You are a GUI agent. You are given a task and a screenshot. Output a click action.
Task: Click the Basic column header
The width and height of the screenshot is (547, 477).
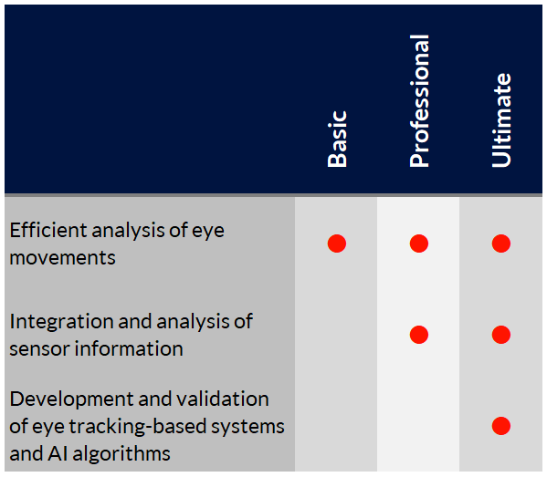[337, 139]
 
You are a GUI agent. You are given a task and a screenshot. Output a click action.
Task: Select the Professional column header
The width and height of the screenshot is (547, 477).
[419, 101]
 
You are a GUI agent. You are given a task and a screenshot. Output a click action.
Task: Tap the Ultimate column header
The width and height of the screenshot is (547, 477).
[501, 120]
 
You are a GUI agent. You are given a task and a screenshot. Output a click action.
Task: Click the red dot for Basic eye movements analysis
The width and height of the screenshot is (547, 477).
[337, 244]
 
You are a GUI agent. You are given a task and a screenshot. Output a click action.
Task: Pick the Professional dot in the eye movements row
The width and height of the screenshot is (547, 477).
[419, 244]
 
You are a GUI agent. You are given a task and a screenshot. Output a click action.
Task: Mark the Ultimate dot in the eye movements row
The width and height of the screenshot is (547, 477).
[501, 244]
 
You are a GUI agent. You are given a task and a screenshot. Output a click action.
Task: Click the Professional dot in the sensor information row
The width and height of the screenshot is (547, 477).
[419, 335]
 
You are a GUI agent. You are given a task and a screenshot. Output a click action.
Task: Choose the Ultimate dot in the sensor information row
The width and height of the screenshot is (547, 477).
[501, 335]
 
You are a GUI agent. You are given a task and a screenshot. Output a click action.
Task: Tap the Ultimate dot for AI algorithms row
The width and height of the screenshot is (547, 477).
[501, 426]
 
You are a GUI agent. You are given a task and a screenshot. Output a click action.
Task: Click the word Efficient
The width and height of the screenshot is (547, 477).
[48, 230]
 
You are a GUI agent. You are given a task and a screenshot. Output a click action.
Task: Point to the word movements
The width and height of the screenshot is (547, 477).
[62, 258]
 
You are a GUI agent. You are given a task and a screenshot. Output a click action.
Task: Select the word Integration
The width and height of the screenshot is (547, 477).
[61, 322]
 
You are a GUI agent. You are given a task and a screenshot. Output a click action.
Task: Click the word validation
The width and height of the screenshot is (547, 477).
[223, 399]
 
